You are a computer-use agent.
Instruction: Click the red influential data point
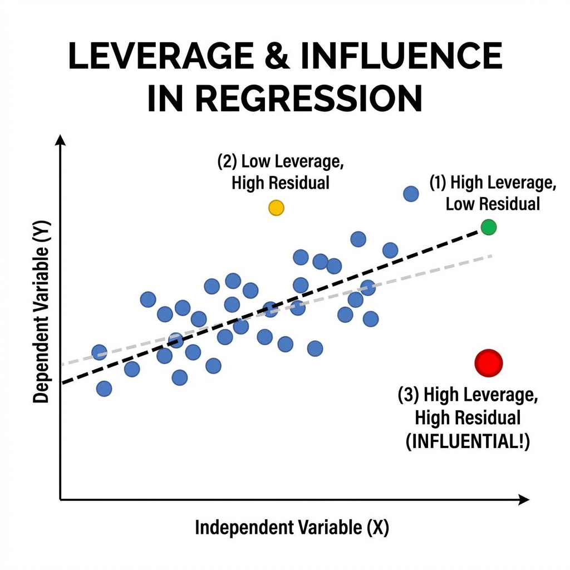click(489, 363)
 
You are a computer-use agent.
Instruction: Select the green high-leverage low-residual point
click(488, 227)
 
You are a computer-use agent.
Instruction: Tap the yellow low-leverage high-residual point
click(276, 208)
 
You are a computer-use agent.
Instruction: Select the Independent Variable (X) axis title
click(292, 528)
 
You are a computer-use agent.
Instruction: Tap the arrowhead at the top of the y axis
click(61, 139)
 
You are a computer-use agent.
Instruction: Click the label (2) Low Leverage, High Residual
click(281, 173)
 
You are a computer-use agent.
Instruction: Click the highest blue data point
click(411, 194)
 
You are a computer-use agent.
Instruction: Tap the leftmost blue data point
click(99, 352)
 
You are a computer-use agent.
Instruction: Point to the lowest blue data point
click(104, 389)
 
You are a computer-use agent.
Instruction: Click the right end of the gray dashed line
click(492, 255)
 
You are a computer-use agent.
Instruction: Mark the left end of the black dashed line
click(63, 383)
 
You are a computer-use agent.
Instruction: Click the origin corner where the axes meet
click(61, 500)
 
